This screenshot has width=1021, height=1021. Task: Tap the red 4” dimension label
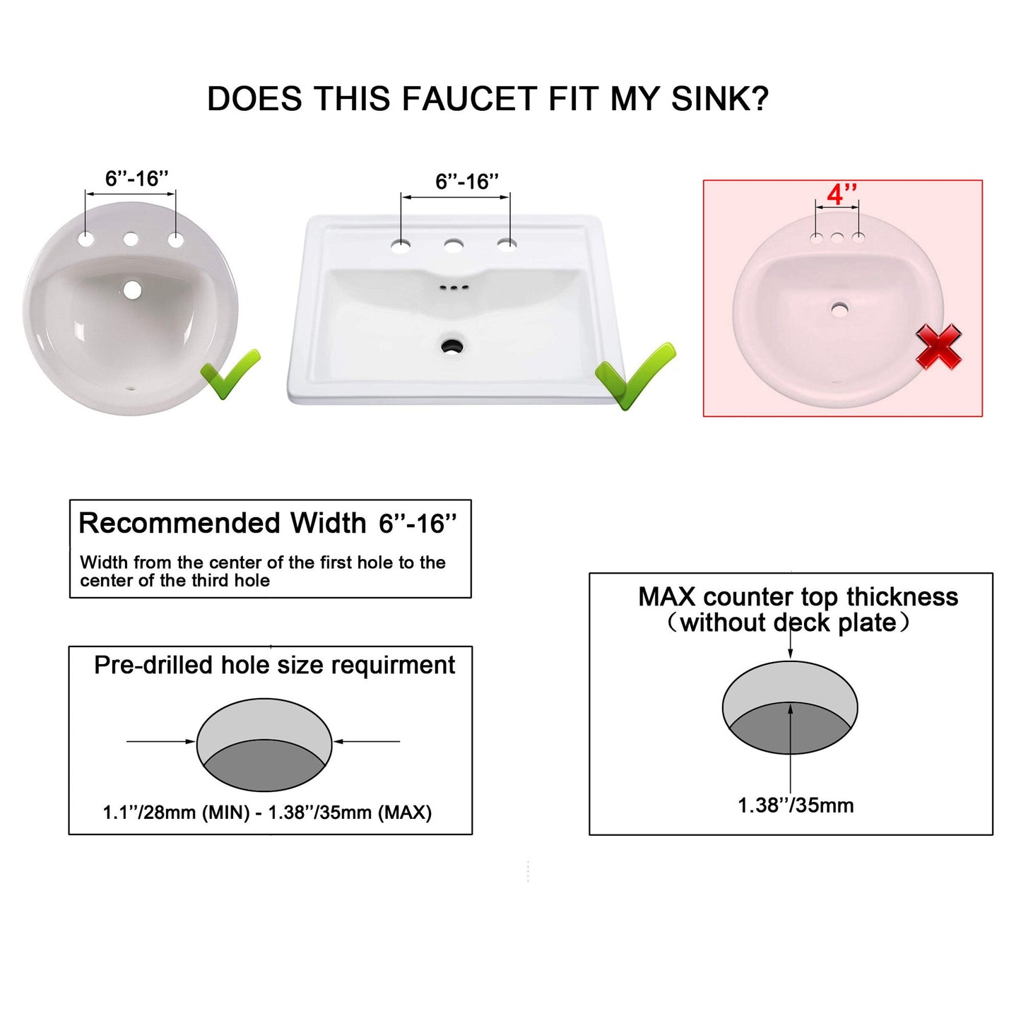pyautogui.click(x=842, y=194)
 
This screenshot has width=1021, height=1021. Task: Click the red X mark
pyautogui.click(x=938, y=346)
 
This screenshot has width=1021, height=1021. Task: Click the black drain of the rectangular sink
pyautogui.click(x=452, y=346)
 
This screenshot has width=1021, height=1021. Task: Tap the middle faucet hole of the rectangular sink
pyautogui.click(x=454, y=245)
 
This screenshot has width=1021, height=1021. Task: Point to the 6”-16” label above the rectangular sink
pyautogui.click(x=466, y=182)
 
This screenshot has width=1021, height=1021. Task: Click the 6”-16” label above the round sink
pyautogui.click(x=136, y=179)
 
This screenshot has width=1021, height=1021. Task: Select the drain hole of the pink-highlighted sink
pyautogui.click(x=839, y=308)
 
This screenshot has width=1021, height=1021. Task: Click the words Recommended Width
pyautogui.click(x=222, y=524)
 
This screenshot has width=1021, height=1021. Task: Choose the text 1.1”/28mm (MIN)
pyautogui.click(x=176, y=813)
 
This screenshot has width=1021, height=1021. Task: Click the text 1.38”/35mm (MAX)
pyautogui.click(x=350, y=813)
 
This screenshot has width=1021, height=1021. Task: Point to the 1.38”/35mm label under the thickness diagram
pyautogui.click(x=796, y=805)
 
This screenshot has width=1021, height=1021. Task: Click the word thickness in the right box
pyautogui.click(x=902, y=597)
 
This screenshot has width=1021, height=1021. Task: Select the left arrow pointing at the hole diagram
pyautogui.click(x=160, y=741)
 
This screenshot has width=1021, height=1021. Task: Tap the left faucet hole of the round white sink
pyautogui.click(x=86, y=239)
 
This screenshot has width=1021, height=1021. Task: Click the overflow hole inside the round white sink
pyautogui.click(x=132, y=289)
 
